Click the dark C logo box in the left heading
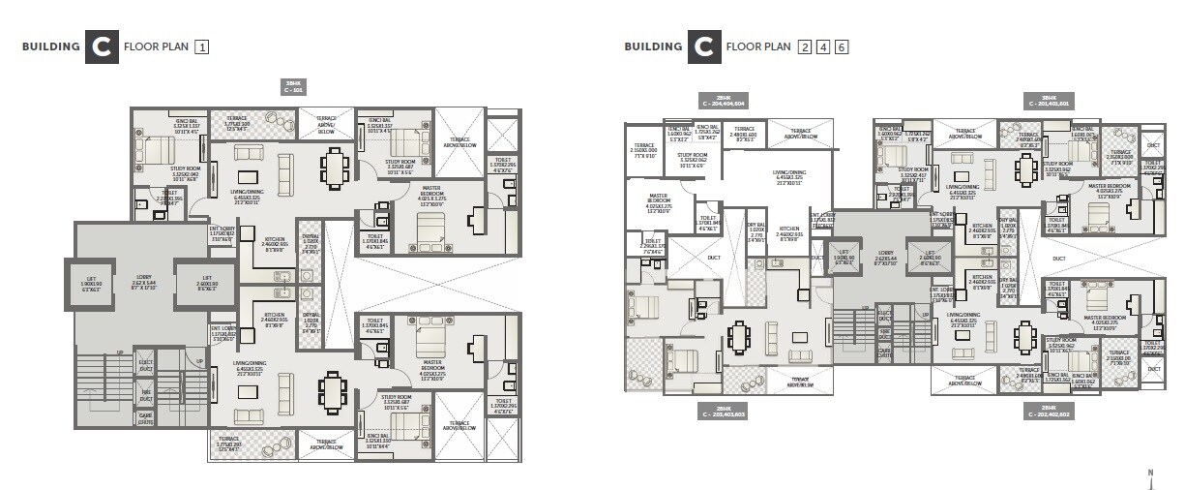(x=102, y=46)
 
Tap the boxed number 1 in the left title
(x=201, y=46)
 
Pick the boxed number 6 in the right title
(x=842, y=46)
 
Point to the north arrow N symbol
(x=1149, y=475)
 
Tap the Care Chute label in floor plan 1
(x=145, y=419)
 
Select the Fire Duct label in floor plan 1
(x=145, y=392)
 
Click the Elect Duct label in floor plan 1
(x=145, y=364)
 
